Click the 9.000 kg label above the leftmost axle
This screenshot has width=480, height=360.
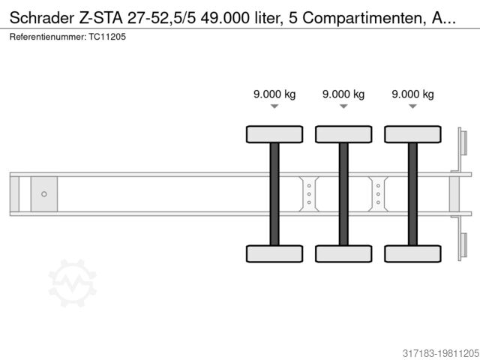point(274,94)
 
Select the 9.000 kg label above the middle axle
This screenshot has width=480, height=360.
point(343,94)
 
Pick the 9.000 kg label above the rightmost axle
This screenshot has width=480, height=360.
point(412,94)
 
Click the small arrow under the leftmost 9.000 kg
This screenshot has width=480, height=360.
point(274,106)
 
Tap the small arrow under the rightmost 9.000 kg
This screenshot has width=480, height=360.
point(412,106)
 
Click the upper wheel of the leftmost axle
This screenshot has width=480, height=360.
point(274,134)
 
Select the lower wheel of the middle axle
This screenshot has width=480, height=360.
point(343,253)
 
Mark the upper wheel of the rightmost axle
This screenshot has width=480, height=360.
point(412,134)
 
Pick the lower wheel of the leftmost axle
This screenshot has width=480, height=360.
point(274,253)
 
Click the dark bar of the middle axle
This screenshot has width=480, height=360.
point(343,193)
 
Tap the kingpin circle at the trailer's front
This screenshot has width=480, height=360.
point(44,194)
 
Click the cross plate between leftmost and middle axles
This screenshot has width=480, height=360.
point(309,194)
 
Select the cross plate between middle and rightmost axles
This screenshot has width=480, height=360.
point(378,194)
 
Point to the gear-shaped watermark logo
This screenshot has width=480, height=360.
point(73,283)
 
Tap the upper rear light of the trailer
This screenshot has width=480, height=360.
point(463,142)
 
